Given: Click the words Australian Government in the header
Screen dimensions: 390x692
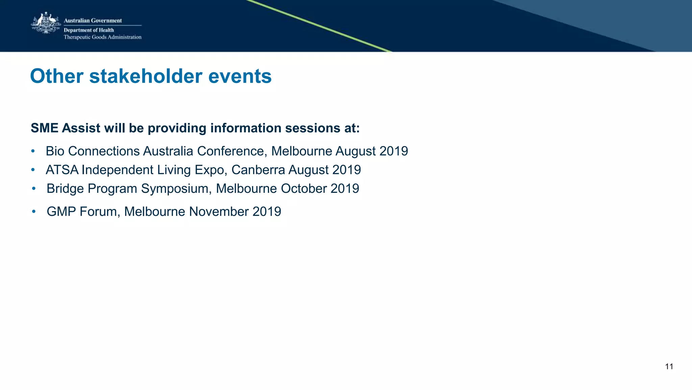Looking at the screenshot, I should pyautogui.click(x=93, y=21).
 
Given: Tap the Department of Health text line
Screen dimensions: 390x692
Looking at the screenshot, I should pyautogui.click(x=89, y=30).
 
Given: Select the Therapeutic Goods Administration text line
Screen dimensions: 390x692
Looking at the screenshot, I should pyautogui.click(x=102, y=37).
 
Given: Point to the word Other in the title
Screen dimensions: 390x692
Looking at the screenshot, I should pyautogui.click(x=56, y=76).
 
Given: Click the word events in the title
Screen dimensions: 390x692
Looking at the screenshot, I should pyautogui.click(x=240, y=76).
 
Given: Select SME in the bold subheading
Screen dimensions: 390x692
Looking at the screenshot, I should pyautogui.click(x=45, y=128).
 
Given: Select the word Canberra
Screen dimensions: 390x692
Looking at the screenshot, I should pyautogui.click(x=258, y=170).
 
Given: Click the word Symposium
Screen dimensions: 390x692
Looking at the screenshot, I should pyautogui.click(x=176, y=189).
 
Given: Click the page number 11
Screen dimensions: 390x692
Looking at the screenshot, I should pyautogui.click(x=669, y=367).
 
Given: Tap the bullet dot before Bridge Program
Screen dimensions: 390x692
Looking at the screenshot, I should pyautogui.click(x=33, y=188).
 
